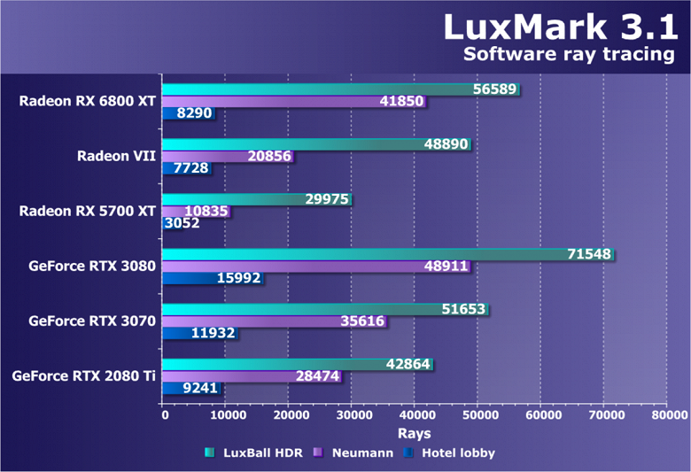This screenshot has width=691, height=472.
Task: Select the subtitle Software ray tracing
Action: (570, 55)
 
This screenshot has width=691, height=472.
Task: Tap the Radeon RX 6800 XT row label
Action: (88, 101)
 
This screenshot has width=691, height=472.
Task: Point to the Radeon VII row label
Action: (116, 156)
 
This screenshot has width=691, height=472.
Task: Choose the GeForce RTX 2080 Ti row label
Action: (84, 375)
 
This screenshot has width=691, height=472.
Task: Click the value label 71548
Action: (589, 254)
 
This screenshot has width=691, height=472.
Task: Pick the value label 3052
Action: (182, 223)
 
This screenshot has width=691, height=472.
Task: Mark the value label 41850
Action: (400, 102)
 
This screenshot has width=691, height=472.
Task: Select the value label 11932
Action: (214, 333)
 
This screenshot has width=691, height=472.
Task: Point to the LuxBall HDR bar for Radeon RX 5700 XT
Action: (257, 199)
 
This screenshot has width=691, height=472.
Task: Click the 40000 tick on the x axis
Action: (415, 414)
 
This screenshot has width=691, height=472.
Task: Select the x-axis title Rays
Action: (415, 433)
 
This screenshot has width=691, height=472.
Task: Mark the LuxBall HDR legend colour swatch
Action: (209, 453)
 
